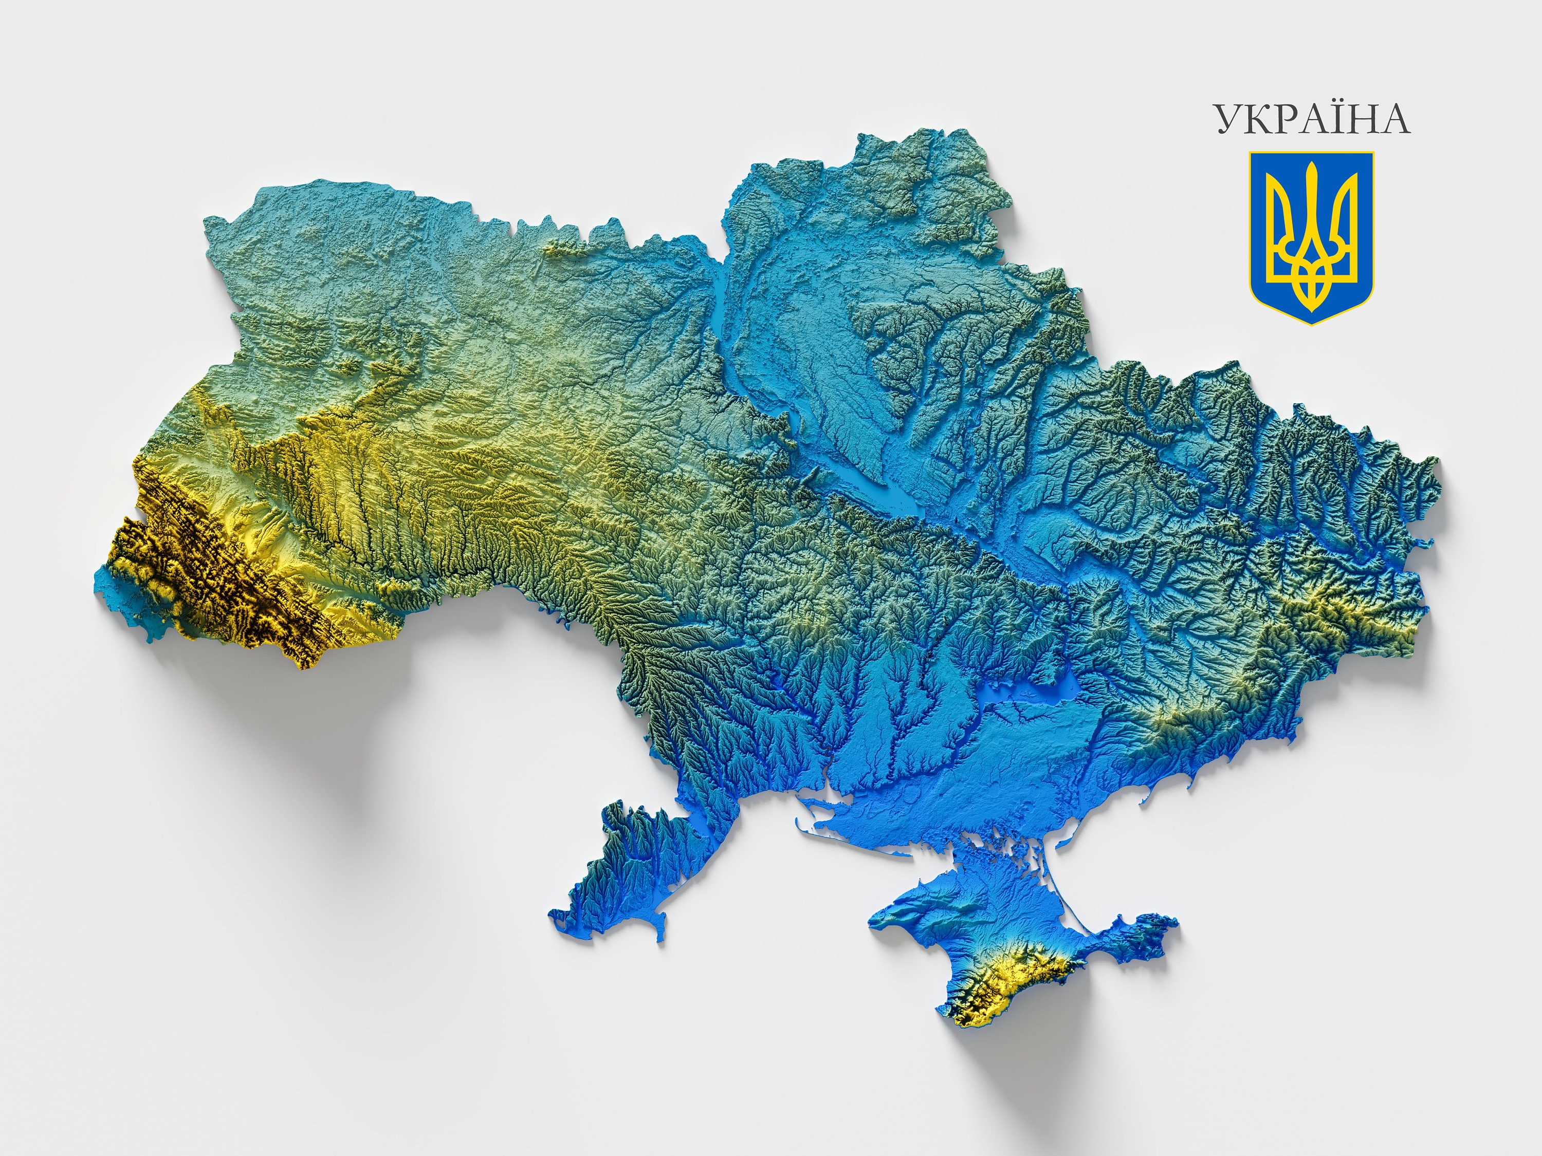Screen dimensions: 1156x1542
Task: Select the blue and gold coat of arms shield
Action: (1311, 237)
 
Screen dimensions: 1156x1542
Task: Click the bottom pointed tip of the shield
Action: (1311, 323)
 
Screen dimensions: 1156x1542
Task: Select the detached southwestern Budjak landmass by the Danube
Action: (628, 871)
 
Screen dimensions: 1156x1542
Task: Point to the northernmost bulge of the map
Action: (899, 139)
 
